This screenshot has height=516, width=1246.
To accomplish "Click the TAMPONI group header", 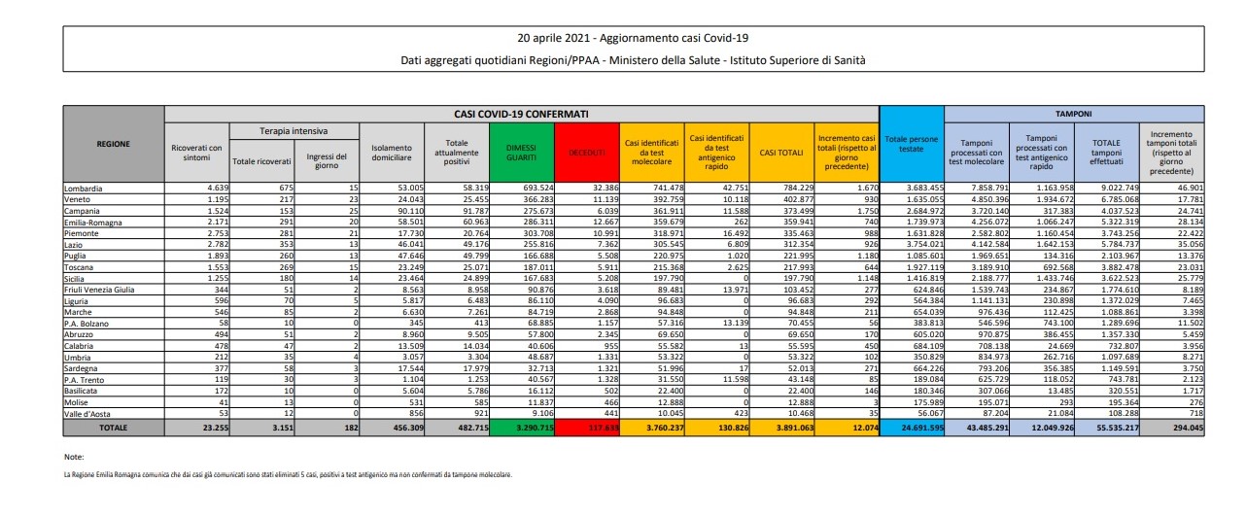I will coord(1075,113).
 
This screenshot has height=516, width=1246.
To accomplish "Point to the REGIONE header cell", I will coord(114,144).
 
